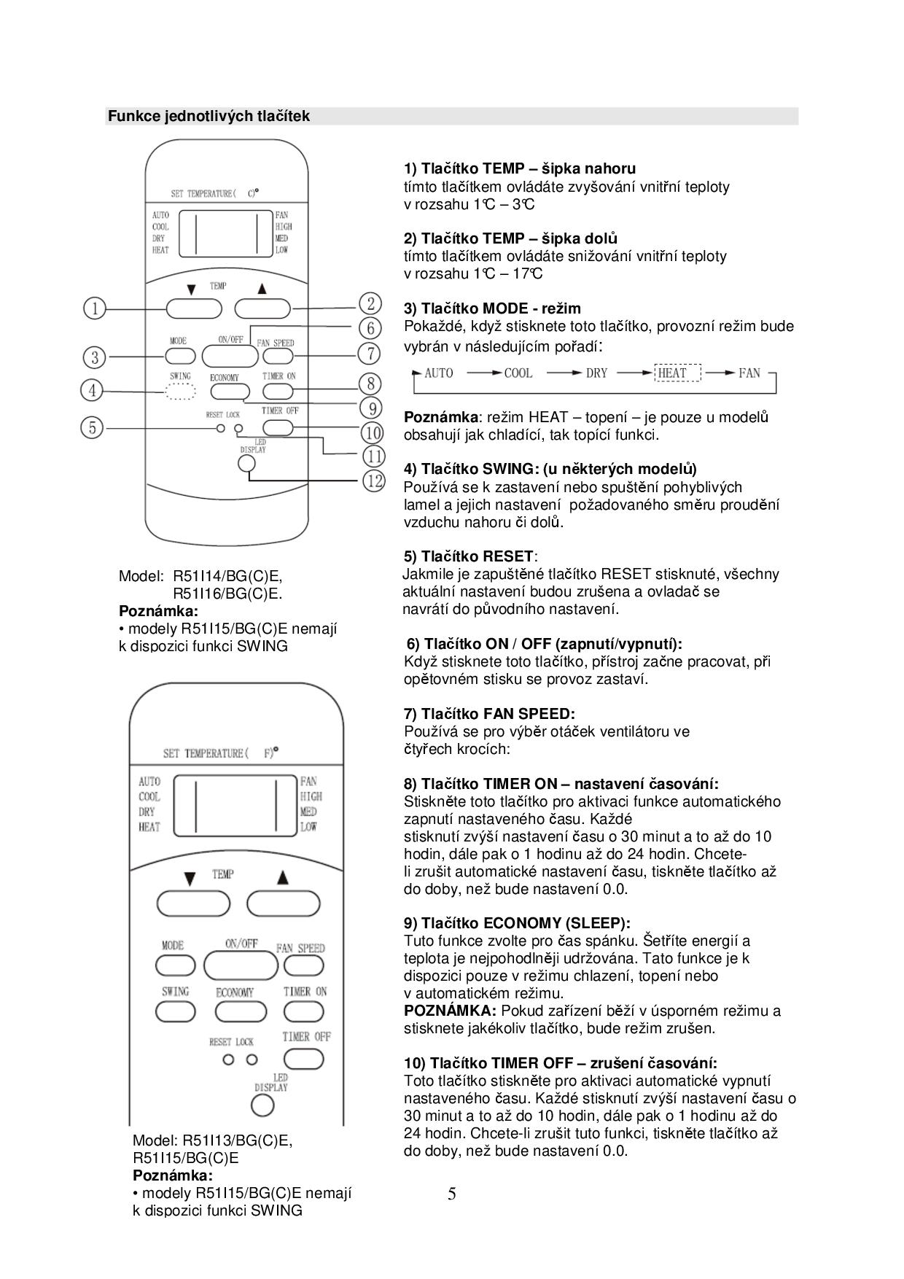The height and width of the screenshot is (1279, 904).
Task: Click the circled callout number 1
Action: (94, 308)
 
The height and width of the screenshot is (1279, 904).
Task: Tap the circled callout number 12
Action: (373, 481)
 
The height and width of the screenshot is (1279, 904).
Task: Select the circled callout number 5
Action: (92, 427)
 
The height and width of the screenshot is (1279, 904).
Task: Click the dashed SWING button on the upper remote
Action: (180, 393)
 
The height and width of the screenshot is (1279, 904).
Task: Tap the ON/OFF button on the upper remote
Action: (230, 356)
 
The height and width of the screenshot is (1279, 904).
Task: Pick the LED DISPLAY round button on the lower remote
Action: (262, 1106)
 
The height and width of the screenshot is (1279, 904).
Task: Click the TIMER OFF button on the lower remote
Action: (303, 1058)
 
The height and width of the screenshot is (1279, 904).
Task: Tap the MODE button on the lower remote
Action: (174, 965)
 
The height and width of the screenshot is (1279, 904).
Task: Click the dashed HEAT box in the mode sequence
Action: (677, 373)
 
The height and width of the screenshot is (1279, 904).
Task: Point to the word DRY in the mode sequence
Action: (596, 373)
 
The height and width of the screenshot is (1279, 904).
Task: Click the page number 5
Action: (452, 1194)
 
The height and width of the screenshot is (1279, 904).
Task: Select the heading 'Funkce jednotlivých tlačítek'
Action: (209, 116)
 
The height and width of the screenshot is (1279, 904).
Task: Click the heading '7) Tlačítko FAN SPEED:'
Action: (489, 714)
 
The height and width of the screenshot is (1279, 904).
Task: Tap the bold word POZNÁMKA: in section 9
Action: (450, 1011)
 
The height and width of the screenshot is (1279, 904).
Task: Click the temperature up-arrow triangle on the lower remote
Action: (282, 877)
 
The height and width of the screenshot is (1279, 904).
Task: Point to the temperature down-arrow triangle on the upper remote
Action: (191, 289)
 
